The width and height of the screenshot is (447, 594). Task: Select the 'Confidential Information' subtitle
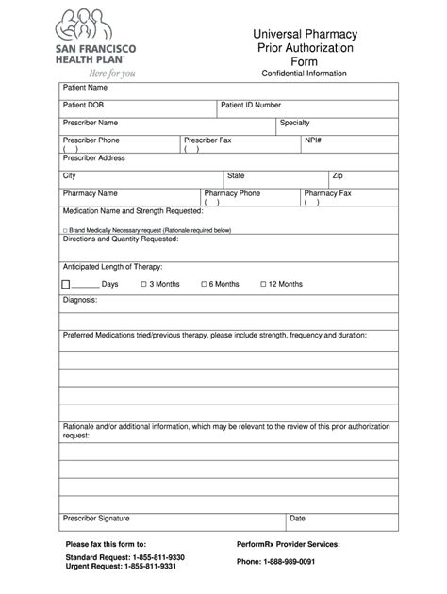(x=303, y=74)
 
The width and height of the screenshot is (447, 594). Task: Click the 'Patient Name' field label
(x=85, y=88)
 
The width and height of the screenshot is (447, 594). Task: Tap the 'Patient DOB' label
(x=83, y=105)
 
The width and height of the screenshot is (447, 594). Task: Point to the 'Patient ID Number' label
(x=251, y=105)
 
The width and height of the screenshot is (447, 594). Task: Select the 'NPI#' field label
(x=313, y=140)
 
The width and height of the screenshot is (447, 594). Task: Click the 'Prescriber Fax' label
(x=207, y=140)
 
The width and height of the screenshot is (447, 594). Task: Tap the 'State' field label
(x=236, y=175)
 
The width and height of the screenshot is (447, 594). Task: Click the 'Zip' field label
(x=338, y=175)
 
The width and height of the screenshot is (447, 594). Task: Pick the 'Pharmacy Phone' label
(x=232, y=193)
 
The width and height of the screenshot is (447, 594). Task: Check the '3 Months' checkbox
(x=144, y=284)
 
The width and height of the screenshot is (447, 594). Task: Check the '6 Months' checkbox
(x=205, y=284)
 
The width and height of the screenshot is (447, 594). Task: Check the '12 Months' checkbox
(x=264, y=284)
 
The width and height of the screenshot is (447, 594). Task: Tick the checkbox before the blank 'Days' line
(x=66, y=284)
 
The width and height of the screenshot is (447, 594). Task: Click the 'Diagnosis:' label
(x=80, y=300)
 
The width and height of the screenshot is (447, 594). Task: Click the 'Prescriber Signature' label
(x=96, y=518)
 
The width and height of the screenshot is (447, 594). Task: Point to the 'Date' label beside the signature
(x=297, y=518)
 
